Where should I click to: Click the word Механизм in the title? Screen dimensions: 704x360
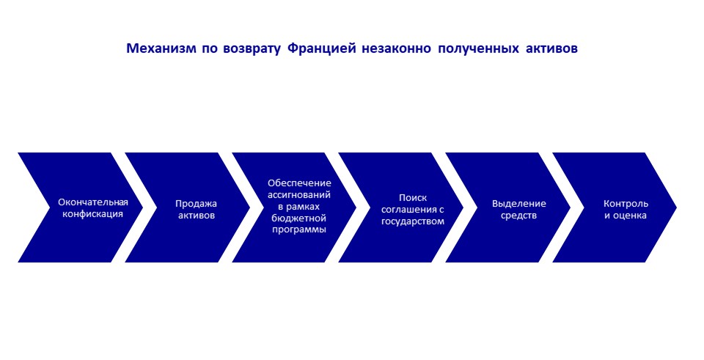pyautogui.click(x=161, y=48)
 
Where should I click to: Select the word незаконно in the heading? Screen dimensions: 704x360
pyautogui.click(x=393, y=49)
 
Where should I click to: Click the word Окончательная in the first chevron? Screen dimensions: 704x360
pyautogui.click(x=93, y=202)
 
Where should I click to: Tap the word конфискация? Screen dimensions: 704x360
pyautogui.click(x=92, y=214)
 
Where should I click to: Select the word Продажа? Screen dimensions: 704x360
pyautogui.click(x=197, y=204)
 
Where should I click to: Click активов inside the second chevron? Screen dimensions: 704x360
pyautogui.click(x=197, y=216)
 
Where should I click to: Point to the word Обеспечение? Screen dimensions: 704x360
pyautogui.click(x=299, y=183)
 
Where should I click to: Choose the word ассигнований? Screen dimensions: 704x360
pyautogui.click(x=299, y=195)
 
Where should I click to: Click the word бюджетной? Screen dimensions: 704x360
pyautogui.click(x=299, y=218)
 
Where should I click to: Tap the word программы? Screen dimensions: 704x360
pyautogui.click(x=299, y=229)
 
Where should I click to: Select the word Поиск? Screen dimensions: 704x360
pyautogui.click(x=413, y=198)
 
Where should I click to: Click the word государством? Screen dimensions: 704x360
pyautogui.click(x=413, y=221)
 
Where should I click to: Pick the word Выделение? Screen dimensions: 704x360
pyautogui.click(x=519, y=204)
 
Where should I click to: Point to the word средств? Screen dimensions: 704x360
pyautogui.click(x=519, y=216)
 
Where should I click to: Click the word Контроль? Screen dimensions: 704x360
pyautogui.click(x=626, y=204)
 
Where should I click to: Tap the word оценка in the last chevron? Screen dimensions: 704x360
pyautogui.click(x=631, y=216)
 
